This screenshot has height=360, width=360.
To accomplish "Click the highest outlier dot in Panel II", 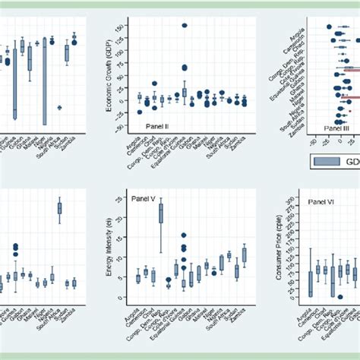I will click(185, 26).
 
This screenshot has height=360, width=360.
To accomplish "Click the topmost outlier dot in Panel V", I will click(184, 235).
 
